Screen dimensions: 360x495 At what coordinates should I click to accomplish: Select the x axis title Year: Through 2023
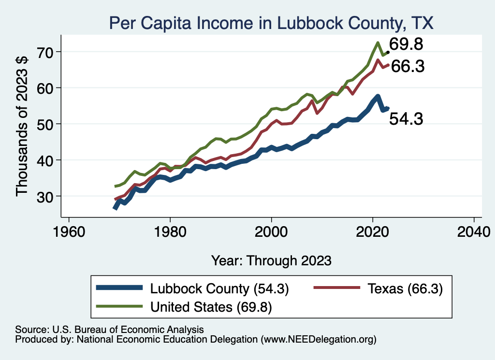[271, 260]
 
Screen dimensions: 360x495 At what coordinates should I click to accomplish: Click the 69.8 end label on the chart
[406, 44]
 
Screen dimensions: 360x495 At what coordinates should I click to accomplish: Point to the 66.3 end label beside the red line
[407, 67]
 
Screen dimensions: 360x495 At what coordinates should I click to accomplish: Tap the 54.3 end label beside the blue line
[406, 119]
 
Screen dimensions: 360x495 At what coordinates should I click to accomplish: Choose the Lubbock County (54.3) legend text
[219, 289]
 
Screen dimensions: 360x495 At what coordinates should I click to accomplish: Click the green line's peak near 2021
[377, 43]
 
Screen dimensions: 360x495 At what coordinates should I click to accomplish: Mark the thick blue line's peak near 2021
[377, 96]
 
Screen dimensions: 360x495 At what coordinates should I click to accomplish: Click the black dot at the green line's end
[388, 51]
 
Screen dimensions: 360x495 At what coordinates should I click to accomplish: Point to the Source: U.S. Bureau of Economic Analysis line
[110, 329]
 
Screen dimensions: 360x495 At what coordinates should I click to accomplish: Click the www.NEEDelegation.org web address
[318, 340]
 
